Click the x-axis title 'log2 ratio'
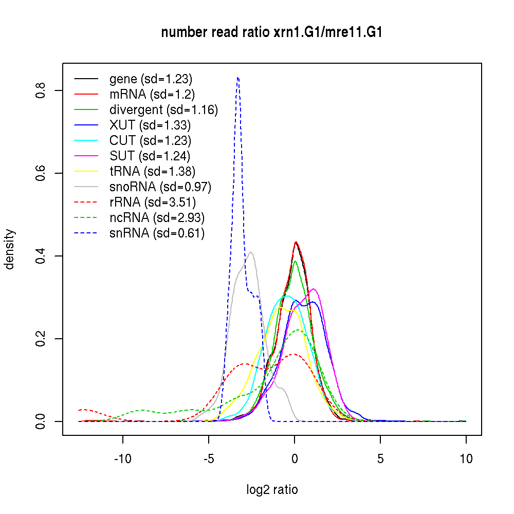pos(272,489)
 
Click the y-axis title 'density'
pos(10,249)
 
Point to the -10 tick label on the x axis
pos(123,459)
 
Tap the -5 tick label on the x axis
pos(209,459)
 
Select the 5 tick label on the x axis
pos(380,459)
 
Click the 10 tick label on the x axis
pos(466,459)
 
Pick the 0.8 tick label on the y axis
pos(42,90)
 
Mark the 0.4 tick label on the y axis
pos(42,256)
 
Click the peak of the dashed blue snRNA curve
pos(237,78)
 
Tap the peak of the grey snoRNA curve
pos(250,252)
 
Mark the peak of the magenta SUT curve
pos(313,289)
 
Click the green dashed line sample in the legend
pos(86,218)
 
